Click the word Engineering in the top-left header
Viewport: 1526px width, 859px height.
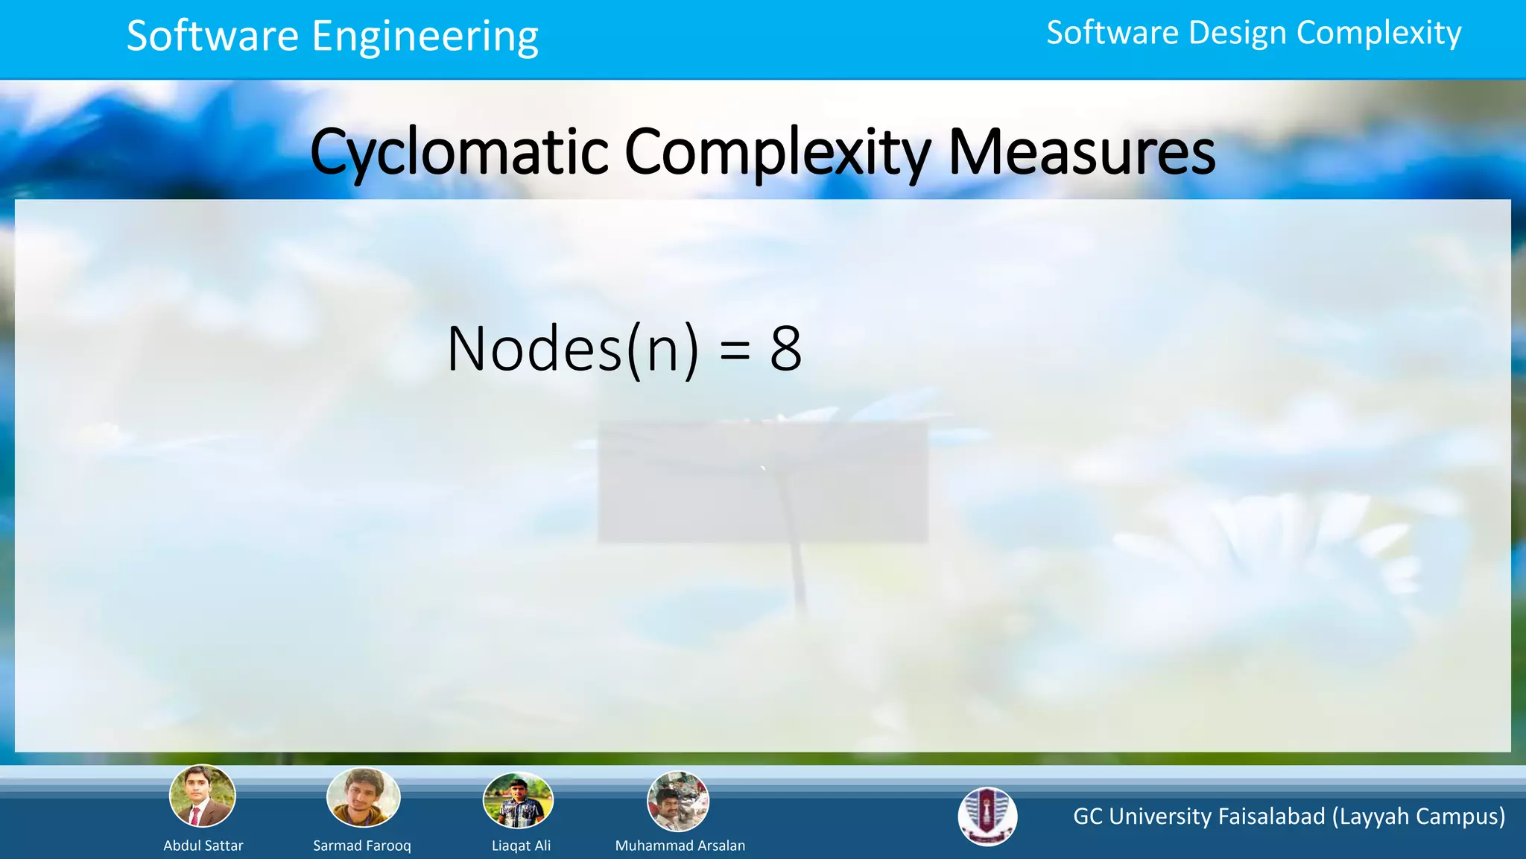[425, 37]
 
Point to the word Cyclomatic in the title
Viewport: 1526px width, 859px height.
[459, 152]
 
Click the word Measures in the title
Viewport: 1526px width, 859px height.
[1081, 152]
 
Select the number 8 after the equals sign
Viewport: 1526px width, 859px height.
[785, 349]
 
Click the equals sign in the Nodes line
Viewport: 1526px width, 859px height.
[735, 350]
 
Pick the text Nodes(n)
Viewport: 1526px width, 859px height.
[572, 349]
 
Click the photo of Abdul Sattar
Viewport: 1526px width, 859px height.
[203, 796]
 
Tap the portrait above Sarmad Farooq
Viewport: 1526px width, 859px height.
[364, 798]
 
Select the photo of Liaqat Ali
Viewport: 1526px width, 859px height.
[519, 801]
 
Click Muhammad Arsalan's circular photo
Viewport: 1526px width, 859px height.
[678, 802]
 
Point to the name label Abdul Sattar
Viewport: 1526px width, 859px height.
[203, 846]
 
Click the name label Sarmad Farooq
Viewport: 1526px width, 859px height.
[362, 846]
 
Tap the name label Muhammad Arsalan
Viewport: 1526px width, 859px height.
[680, 846]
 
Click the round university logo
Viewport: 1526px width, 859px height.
[987, 816]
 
